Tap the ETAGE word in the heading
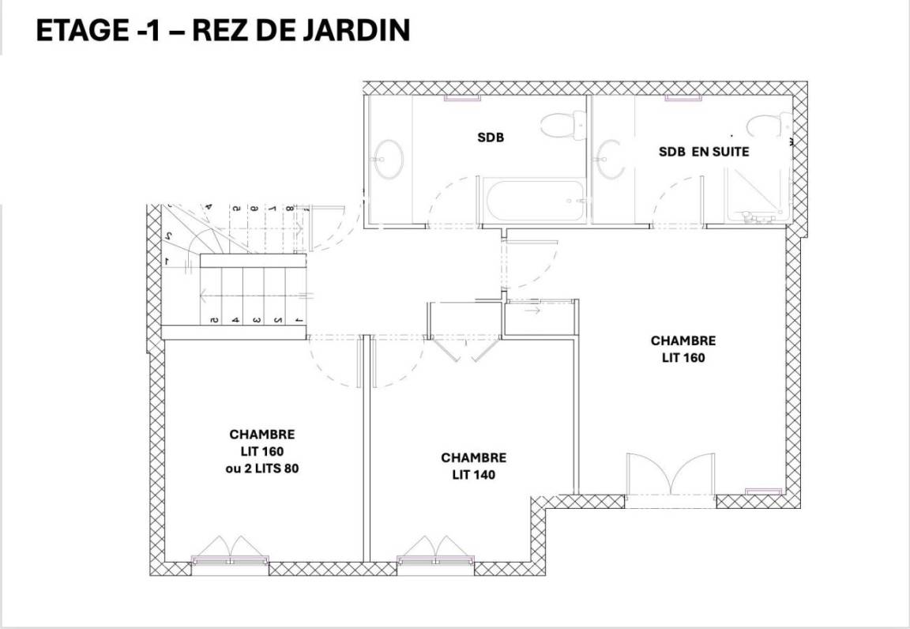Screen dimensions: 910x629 click(82, 30)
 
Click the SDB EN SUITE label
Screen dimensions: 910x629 click(704, 152)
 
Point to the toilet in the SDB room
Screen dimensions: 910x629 click(563, 125)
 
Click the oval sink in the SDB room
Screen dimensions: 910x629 click(389, 159)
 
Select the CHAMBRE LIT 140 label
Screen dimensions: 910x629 click(474, 466)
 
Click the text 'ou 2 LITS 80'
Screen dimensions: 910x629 click(261, 468)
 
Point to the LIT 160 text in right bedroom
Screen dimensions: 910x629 click(683, 358)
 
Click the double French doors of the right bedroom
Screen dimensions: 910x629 click(671, 473)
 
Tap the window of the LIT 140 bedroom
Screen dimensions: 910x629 click(435, 560)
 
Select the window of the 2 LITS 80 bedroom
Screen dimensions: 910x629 click(231, 560)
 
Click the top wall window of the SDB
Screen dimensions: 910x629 click(462, 98)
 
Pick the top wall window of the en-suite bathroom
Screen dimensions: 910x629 click(683, 98)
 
